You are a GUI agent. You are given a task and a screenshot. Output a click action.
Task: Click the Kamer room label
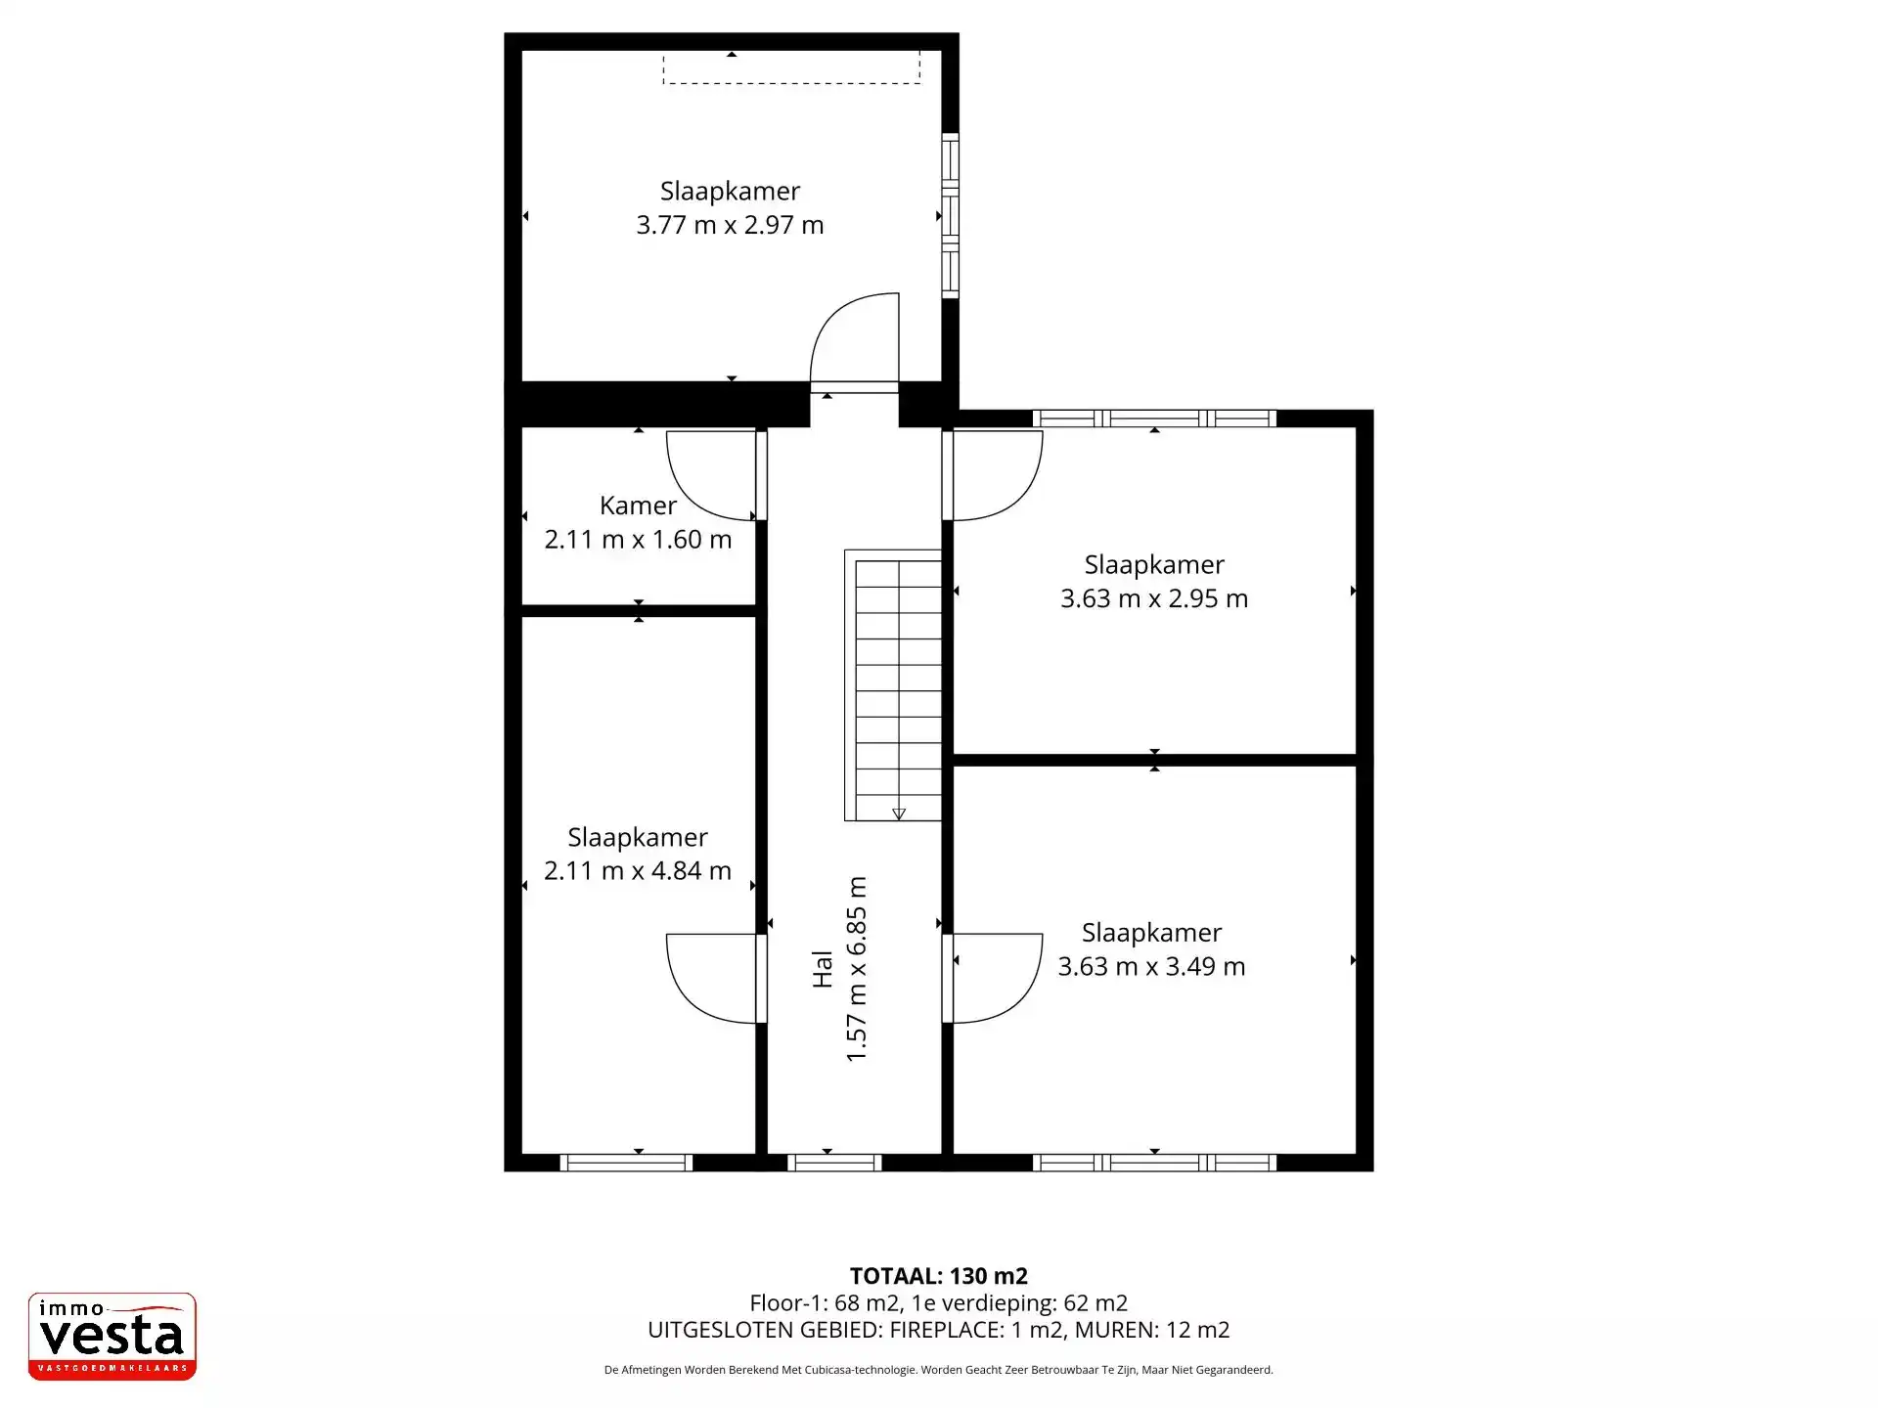[638, 506]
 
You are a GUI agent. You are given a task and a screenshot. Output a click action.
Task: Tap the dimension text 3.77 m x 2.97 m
[730, 225]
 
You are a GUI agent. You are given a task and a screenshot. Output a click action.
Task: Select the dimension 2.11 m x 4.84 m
[638, 870]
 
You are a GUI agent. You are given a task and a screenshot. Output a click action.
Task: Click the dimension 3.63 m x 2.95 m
[1154, 598]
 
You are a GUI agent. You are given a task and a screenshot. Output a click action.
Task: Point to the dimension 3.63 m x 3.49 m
[1151, 966]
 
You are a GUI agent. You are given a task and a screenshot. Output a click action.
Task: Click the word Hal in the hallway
[822, 969]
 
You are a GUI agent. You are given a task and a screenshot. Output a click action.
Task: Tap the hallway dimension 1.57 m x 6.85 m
[856, 969]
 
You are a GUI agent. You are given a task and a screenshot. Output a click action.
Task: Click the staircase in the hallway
[894, 684]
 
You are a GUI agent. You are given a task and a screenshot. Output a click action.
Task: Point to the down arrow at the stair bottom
[899, 814]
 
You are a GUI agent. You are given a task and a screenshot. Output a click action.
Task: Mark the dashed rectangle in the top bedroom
[791, 68]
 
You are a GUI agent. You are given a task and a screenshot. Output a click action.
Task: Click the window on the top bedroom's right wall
[950, 215]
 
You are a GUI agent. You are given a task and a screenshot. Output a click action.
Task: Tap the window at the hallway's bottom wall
[834, 1163]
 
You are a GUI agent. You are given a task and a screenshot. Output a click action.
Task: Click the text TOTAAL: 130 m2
[938, 1276]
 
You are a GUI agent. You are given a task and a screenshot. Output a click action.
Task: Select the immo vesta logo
[112, 1336]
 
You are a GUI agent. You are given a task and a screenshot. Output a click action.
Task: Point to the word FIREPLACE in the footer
[946, 1330]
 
